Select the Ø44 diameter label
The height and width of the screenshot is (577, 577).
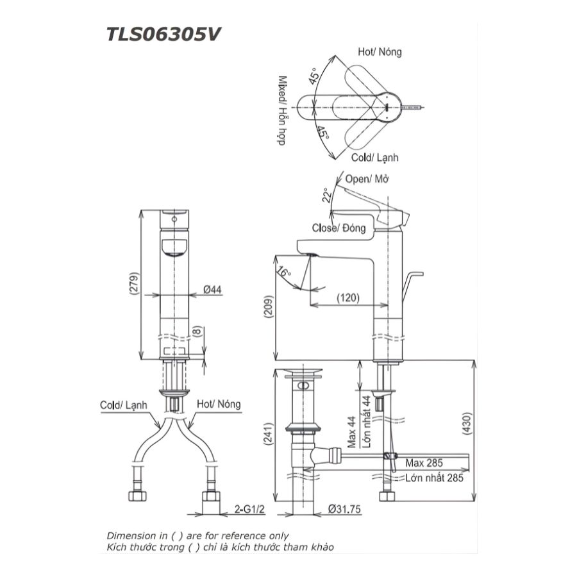[x=212, y=290]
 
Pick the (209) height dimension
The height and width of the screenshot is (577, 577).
[x=268, y=310]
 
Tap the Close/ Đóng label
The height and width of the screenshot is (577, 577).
[x=339, y=228]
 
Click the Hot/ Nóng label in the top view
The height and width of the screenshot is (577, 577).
[x=380, y=52]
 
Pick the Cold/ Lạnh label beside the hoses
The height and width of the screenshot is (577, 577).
[x=124, y=405]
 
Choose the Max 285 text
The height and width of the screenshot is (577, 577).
[x=424, y=462]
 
